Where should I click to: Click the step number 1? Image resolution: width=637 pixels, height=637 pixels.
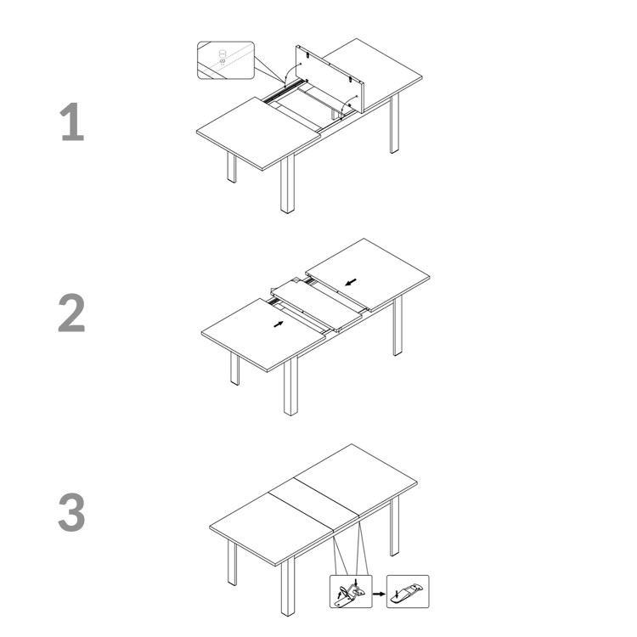(73, 123)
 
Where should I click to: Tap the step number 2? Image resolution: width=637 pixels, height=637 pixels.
(72, 314)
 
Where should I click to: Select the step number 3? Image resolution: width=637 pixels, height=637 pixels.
(72, 514)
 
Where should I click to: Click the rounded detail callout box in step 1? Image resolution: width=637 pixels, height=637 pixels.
(226, 59)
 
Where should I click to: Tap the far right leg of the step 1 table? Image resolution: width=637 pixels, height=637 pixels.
(394, 123)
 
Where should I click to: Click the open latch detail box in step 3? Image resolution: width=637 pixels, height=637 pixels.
(351, 591)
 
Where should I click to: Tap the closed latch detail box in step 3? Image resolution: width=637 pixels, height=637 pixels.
(408, 591)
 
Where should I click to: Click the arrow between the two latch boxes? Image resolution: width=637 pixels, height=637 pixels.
(379, 592)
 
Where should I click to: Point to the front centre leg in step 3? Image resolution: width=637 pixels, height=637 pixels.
(287, 586)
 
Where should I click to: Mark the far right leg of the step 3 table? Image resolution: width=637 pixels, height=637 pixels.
(394, 527)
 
